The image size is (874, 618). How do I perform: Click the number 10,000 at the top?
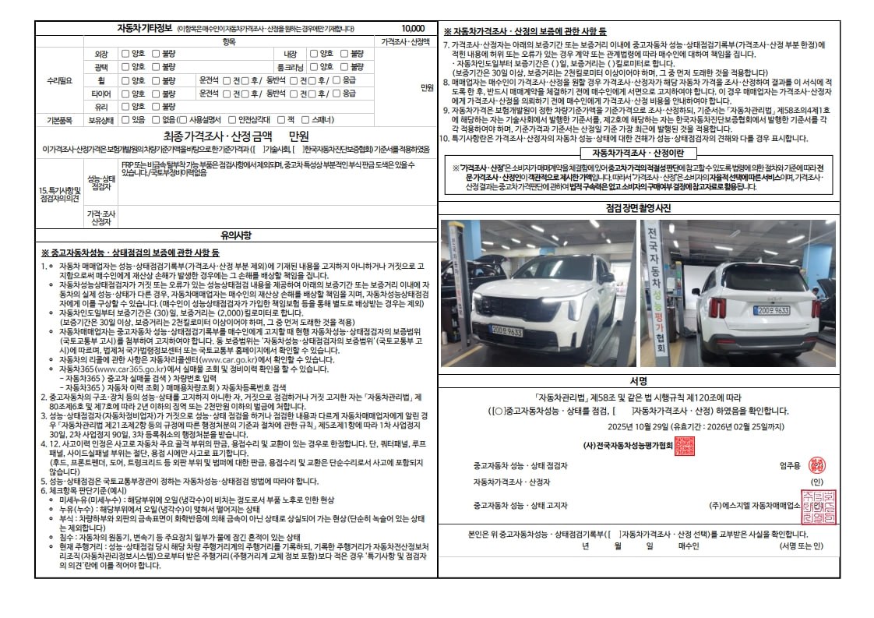click(x=413, y=28)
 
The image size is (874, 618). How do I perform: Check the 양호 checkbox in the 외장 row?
click(x=125, y=54)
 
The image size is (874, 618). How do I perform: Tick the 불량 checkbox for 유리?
click(x=155, y=107)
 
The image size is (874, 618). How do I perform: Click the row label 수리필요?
click(x=59, y=80)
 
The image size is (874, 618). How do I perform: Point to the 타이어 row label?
click(x=101, y=94)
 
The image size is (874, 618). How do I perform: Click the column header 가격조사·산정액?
click(x=405, y=41)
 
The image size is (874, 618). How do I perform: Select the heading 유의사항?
click(x=235, y=234)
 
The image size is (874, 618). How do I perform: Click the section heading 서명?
click(x=638, y=381)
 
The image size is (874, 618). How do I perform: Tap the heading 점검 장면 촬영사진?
click(x=638, y=208)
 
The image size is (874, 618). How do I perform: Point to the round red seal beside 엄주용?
click(x=816, y=464)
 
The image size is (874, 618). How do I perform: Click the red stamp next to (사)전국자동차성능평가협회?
click(x=684, y=446)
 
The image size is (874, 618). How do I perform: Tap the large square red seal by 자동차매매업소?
click(x=818, y=507)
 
